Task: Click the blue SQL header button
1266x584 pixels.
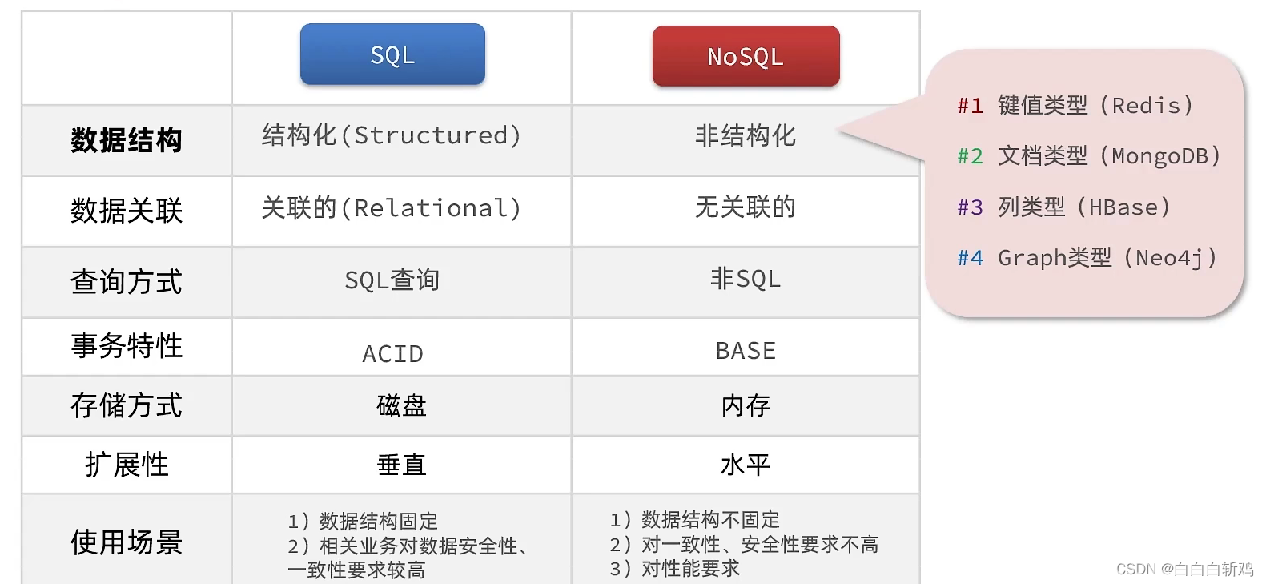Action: [392, 54]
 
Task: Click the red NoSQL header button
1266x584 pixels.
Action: [746, 56]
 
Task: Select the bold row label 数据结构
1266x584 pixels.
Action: [126, 140]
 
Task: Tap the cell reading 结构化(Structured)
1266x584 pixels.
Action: [391, 135]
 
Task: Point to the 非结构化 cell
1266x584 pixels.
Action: [746, 136]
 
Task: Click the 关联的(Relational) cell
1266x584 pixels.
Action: [391, 208]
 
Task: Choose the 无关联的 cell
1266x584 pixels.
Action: [746, 207]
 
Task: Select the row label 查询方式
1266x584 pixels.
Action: [126, 281]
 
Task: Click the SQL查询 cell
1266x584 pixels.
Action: [392, 280]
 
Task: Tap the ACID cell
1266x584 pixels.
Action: [392, 354]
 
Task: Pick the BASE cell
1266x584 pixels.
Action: [746, 351]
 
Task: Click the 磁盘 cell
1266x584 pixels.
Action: [401, 406]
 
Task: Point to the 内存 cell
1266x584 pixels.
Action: [746, 406]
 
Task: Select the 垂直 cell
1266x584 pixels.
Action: [401, 465]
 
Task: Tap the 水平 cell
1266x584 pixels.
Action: [746, 465]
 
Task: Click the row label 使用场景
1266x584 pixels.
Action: [126, 542]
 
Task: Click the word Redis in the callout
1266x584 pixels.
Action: [1146, 106]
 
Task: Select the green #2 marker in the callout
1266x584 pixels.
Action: [970, 156]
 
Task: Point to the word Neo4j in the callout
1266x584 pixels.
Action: [1169, 259]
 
